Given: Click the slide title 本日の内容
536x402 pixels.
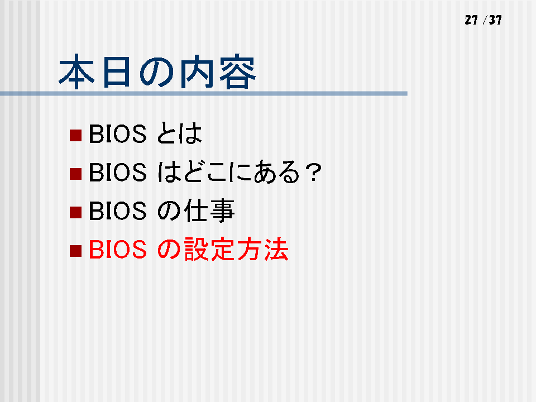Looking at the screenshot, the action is [x=157, y=71].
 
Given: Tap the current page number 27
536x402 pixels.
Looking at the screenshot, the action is [x=471, y=20].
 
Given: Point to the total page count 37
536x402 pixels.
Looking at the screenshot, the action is [x=495, y=20].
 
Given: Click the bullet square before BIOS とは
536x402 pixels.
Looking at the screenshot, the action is [x=75, y=135].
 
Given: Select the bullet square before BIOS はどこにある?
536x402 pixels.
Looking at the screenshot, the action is [x=75, y=174].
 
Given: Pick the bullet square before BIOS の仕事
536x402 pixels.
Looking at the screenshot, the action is [x=75, y=212].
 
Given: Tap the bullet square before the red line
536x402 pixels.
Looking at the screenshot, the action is [x=75, y=251].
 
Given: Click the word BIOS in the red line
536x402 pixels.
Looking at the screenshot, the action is [x=118, y=249].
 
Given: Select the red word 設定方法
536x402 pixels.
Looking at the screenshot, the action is [x=236, y=249].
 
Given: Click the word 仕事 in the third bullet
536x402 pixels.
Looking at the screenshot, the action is [x=209, y=210].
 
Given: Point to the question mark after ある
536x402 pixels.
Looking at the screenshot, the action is [x=313, y=172].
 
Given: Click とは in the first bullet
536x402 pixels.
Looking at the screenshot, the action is [x=179, y=133].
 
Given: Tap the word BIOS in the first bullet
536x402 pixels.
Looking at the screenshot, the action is [x=118, y=133].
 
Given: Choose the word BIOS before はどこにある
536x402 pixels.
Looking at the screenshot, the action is [x=118, y=172].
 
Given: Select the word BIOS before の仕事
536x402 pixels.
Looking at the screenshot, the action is [x=118, y=210].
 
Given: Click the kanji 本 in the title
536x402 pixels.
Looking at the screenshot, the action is [x=76, y=71].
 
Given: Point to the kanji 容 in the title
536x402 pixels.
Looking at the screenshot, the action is [x=238, y=71].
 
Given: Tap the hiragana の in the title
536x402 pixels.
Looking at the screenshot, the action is [x=156, y=73].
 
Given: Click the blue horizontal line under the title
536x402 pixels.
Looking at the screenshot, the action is [x=204, y=93].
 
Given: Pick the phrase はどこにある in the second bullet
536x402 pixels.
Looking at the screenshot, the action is [x=228, y=172].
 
